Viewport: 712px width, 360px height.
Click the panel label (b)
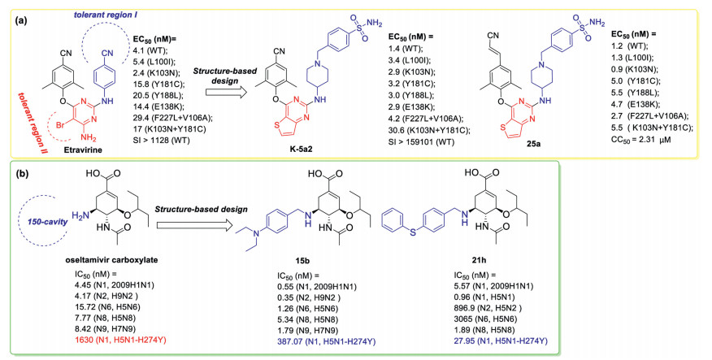[17, 173]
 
